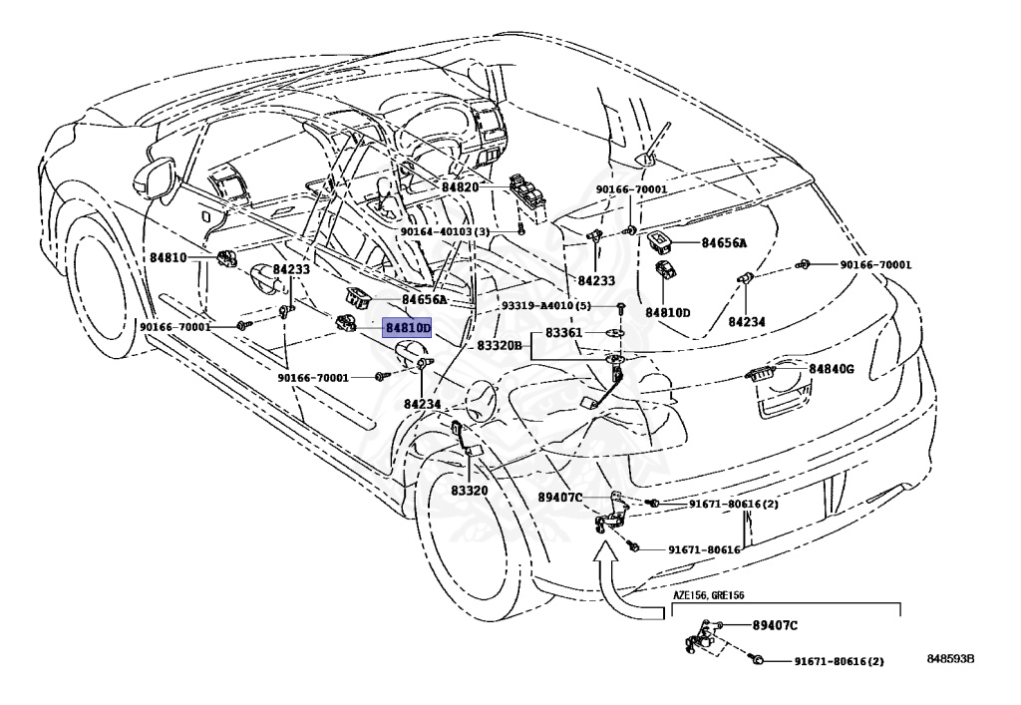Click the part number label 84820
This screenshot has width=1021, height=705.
[461, 187]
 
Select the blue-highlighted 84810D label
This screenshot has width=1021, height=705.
[408, 328]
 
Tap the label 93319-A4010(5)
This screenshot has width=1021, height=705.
[545, 306]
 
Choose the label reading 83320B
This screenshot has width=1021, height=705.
[500, 345]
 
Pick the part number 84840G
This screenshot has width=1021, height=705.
[832, 369]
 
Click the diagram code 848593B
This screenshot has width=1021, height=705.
[949, 659]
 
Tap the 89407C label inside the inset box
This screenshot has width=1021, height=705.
[774, 626]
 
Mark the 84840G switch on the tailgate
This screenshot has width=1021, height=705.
[763, 374]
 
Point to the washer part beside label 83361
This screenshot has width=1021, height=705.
[616, 332]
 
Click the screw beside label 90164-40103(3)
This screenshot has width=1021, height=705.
[521, 230]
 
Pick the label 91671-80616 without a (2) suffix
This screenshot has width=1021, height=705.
[704, 549]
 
